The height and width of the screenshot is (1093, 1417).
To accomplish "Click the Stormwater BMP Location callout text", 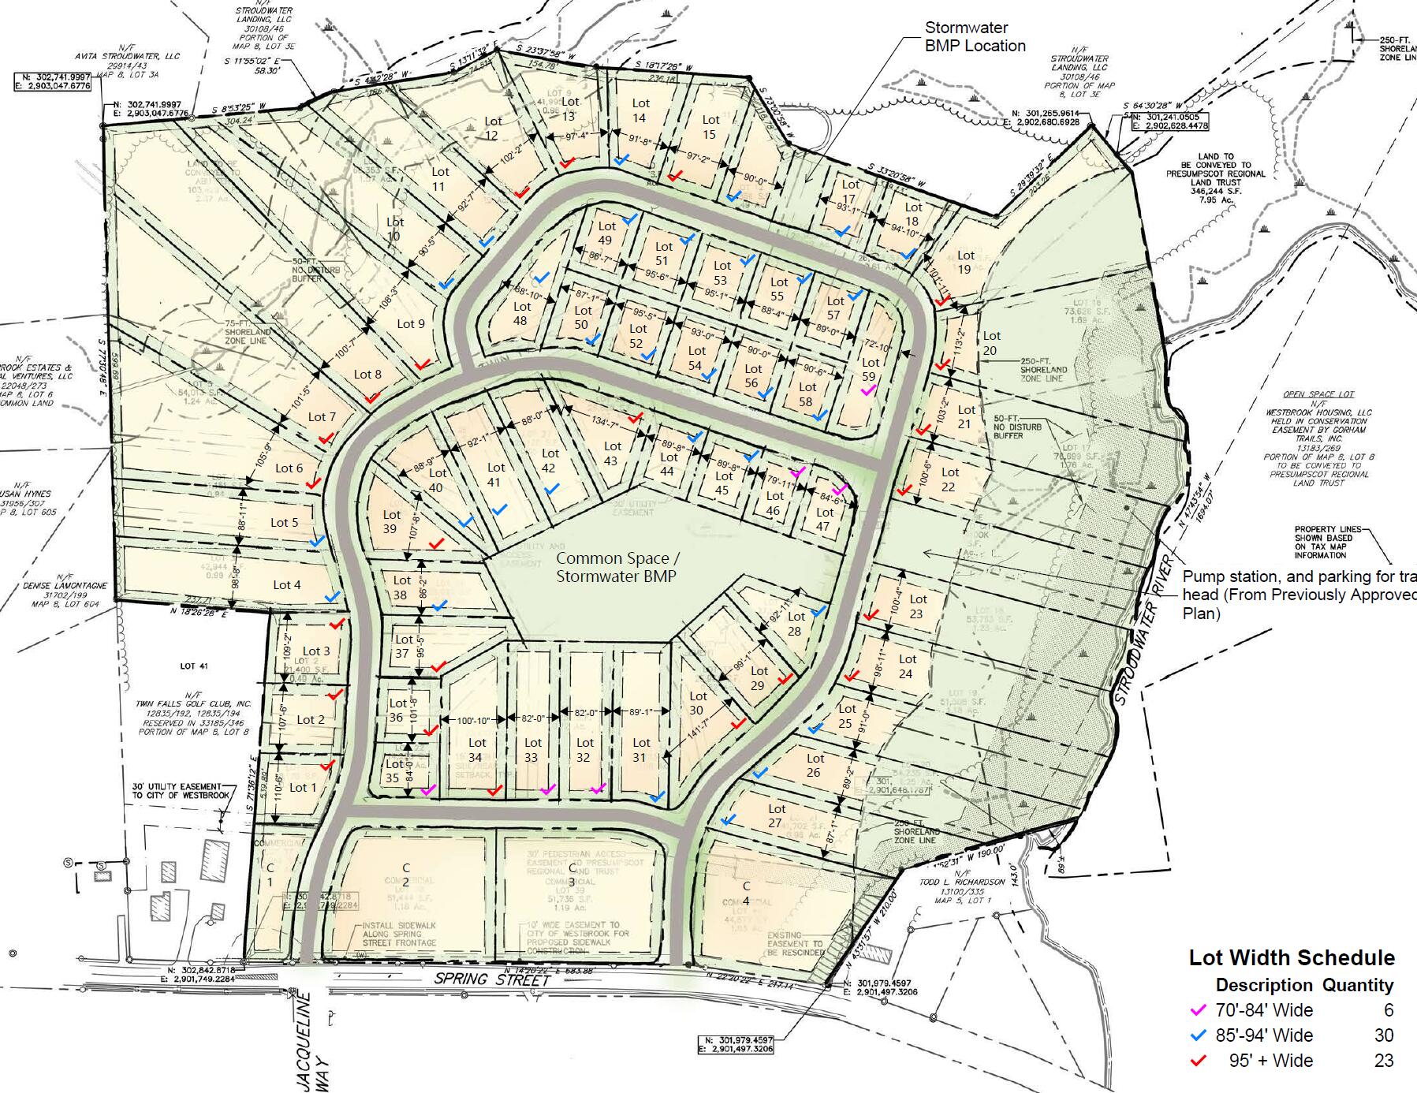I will click(x=975, y=37).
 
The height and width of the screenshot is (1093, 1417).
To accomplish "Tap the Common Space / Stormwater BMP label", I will click(x=616, y=567).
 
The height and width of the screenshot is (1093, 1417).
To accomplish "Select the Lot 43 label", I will click(x=612, y=453).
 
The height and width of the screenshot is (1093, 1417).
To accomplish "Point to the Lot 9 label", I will click(x=410, y=323).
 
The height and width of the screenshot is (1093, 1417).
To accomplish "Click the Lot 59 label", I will click(x=869, y=369).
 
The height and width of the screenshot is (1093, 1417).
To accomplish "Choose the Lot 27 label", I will click(x=776, y=815).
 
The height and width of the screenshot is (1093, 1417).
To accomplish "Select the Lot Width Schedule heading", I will click(x=1291, y=957).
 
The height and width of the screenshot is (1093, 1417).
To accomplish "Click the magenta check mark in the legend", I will click(x=1198, y=1010).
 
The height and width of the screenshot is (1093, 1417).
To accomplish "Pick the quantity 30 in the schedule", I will click(x=1383, y=1035).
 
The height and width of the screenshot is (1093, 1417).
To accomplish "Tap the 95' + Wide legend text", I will click(x=1270, y=1061).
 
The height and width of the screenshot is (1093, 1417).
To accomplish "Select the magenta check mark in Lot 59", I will click(x=867, y=391).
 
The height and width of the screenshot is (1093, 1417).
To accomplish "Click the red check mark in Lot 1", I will click(x=326, y=766).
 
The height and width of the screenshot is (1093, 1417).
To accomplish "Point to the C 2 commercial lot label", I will click(x=406, y=875).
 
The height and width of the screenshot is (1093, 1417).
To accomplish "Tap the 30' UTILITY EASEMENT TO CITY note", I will click(x=181, y=791).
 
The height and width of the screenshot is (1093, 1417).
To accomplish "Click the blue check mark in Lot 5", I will click(x=317, y=541).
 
